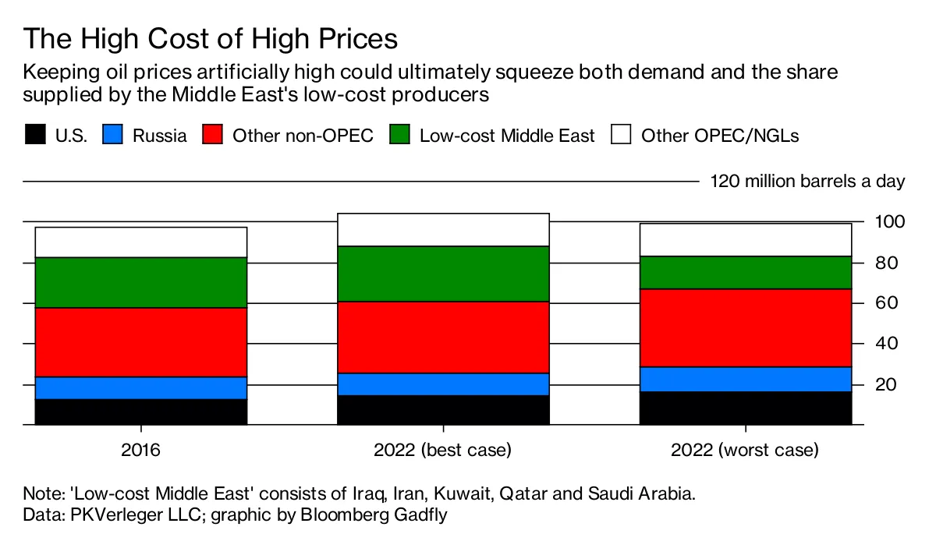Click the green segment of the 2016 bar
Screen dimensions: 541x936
pos(141,283)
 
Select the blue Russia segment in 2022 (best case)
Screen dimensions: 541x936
pos(443,384)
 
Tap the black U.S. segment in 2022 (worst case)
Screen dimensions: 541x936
pos(746,408)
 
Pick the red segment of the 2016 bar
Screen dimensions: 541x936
pos(141,342)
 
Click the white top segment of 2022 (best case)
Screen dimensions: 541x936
pos(443,230)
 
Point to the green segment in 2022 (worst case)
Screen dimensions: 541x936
pos(746,273)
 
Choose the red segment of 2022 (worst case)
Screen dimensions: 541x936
pos(746,328)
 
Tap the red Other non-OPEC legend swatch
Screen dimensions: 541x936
pos(212,135)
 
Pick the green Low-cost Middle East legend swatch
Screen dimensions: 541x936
pos(399,135)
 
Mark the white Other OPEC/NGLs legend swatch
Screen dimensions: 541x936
pos(621,135)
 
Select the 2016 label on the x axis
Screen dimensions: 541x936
pos(141,451)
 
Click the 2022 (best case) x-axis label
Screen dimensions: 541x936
pos(443,451)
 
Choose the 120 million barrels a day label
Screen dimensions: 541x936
pos(807,182)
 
